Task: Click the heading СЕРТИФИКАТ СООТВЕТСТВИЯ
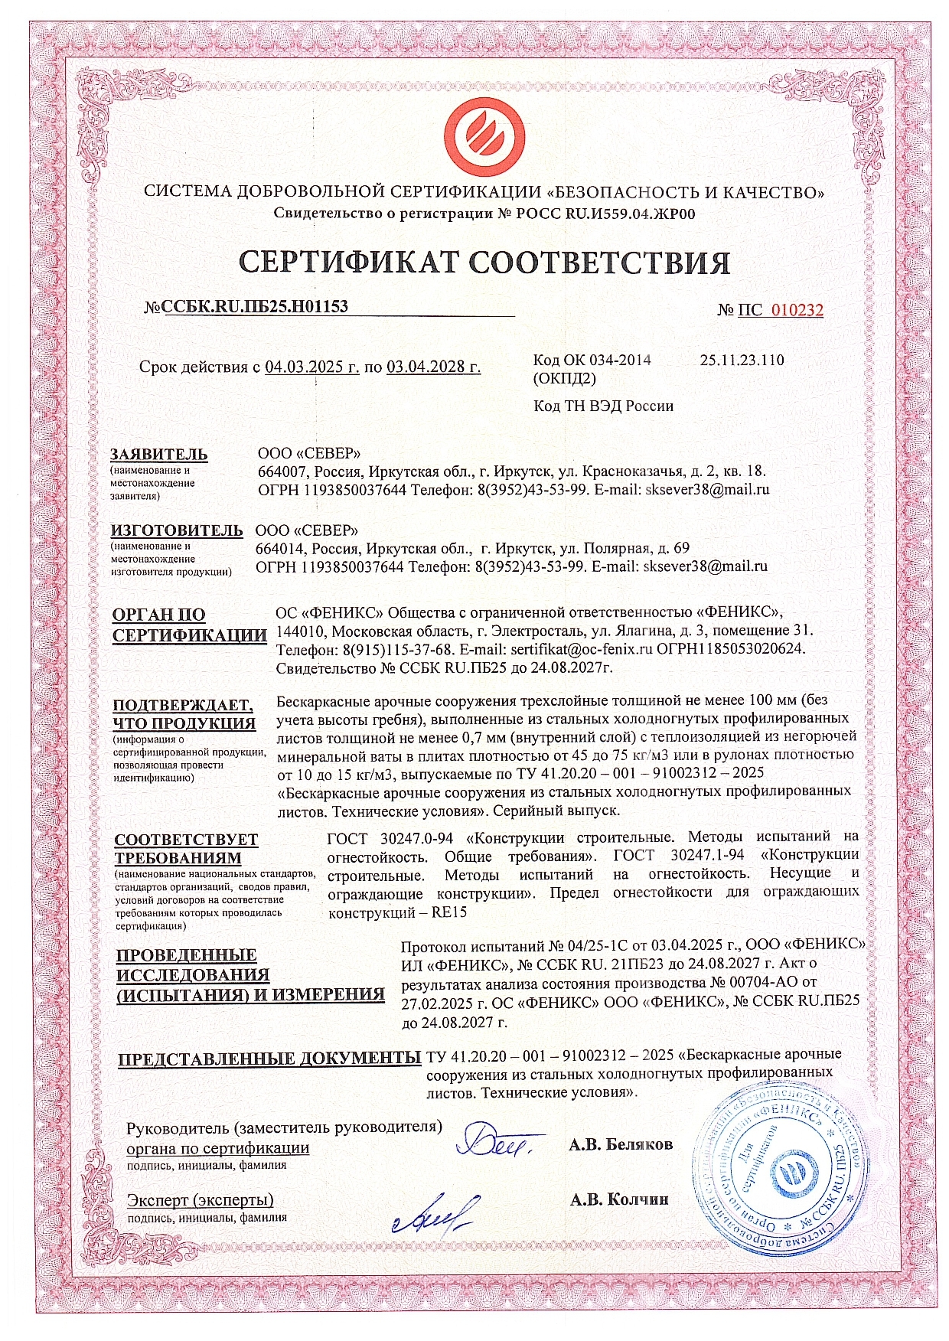[484, 263]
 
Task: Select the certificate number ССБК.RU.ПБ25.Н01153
[256, 307]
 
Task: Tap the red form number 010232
[797, 310]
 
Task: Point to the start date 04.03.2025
[311, 367]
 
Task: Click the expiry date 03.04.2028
[434, 367]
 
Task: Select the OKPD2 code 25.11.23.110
[742, 360]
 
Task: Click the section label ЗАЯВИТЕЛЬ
[158, 455]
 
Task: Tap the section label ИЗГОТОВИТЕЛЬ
[177, 530]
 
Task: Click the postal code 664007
[282, 471]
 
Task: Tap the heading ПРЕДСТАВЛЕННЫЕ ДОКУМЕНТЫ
[269, 1059]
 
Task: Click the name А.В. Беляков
[621, 1145]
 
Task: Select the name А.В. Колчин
[618, 1199]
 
